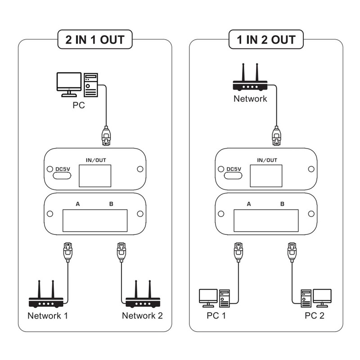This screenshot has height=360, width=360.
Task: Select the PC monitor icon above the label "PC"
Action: [68, 84]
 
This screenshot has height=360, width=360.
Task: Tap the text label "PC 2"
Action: [314, 315]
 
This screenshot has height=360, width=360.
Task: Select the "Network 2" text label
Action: [143, 315]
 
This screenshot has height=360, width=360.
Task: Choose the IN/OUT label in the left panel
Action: [95, 159]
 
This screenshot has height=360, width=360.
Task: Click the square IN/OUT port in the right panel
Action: [266, 175]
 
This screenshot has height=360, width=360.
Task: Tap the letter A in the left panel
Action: [78, 204]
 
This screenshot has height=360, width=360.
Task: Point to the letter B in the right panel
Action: [282, 204]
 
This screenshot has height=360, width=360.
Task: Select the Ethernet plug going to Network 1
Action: [67, 252]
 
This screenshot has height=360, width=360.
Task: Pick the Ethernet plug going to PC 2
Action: [292, 252]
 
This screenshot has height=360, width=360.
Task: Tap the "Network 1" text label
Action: [48, 315]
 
